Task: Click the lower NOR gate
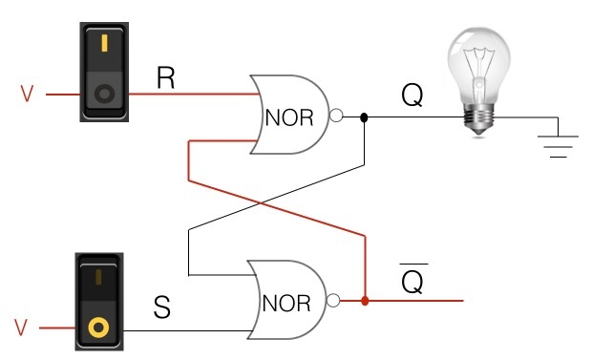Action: click(x=286, y=301)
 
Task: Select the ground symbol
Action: click(x=558, y=143)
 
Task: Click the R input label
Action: click(x=165, y=77)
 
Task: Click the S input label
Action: click(x=163, y=309)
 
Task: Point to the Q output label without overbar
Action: click(x=412, y=96)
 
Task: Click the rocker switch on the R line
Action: click(x=102, y=72)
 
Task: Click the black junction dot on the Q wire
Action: click(x=364, y=118)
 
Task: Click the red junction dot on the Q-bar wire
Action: click(x=365, y=302)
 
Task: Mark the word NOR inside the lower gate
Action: click(x=286, y=304)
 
